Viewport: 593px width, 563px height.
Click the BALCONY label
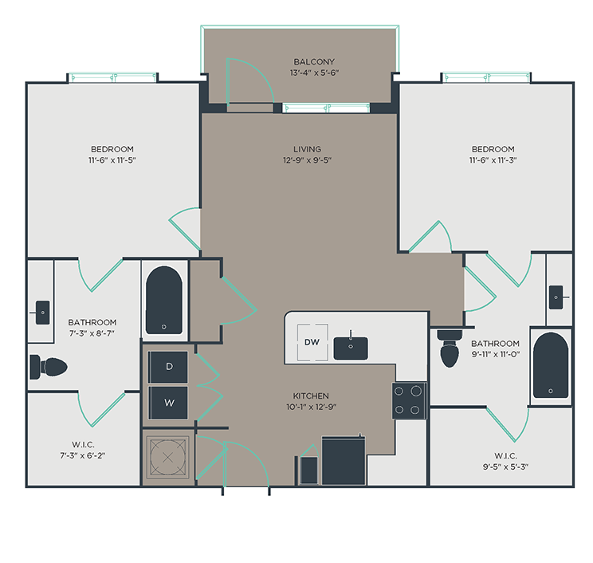point(314,61)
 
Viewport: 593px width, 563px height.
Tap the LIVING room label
point(307,149)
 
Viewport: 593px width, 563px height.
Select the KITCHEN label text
point(311,396)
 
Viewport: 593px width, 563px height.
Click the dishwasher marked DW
point(312,342)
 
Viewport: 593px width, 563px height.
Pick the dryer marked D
point(168,366)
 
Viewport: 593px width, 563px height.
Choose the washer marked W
point(168,403)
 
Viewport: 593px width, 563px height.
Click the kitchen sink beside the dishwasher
point(351,348)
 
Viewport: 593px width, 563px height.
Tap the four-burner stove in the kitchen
point(409,400)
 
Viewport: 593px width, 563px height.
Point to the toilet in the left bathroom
point(49,367)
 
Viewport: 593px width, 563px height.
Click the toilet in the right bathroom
point(450,348)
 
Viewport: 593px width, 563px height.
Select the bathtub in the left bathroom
point(164,301)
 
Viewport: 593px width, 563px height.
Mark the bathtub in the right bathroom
point(551,365)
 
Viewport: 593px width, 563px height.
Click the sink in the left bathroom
point(42,313)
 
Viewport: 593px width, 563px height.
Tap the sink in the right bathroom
point(556,297)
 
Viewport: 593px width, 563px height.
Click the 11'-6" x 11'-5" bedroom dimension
point(112,160)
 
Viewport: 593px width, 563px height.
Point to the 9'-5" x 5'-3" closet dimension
point(505,467)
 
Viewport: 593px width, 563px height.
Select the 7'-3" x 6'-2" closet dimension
point(83,455)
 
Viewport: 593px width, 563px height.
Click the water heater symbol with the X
point(167,458)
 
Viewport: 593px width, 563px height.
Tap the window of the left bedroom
point(112,78)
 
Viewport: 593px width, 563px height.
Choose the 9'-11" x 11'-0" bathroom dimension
point(496,355)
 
